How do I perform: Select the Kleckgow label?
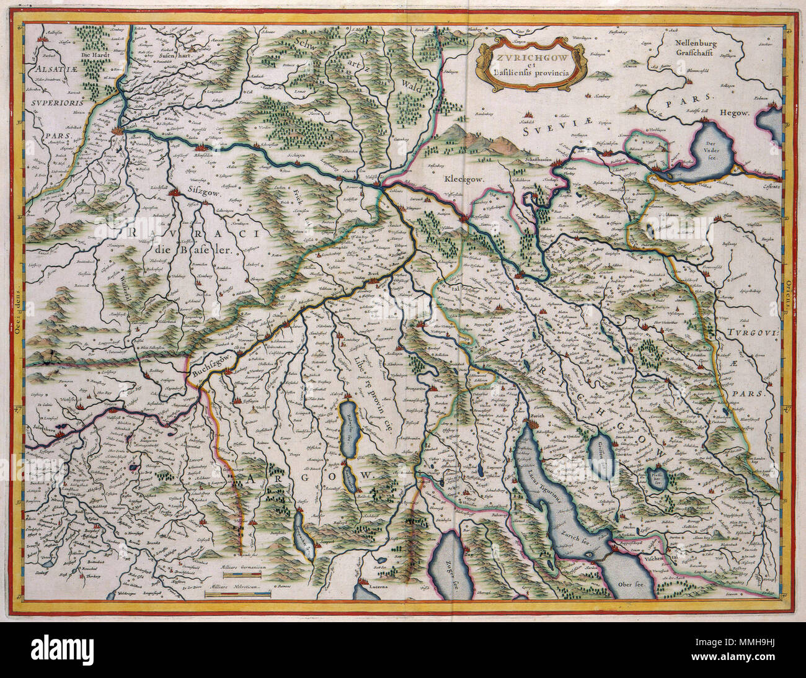click(x=462, y=178)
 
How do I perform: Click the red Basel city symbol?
click(x=118, y=131)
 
